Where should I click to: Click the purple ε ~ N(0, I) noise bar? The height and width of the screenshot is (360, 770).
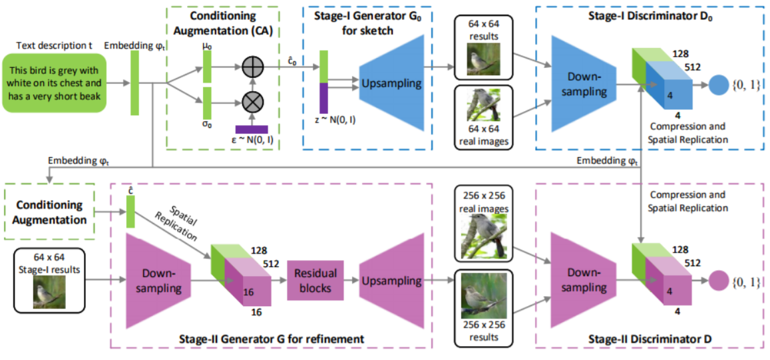[x=252, y=129]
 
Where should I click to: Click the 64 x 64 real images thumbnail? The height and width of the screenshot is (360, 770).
[x=483, y=104]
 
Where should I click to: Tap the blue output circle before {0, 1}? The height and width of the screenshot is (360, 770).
[x=718, y=85]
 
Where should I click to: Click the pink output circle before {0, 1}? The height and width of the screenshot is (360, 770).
[x=718, y=280]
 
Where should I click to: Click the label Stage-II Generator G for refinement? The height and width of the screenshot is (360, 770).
[x=272, y=339]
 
